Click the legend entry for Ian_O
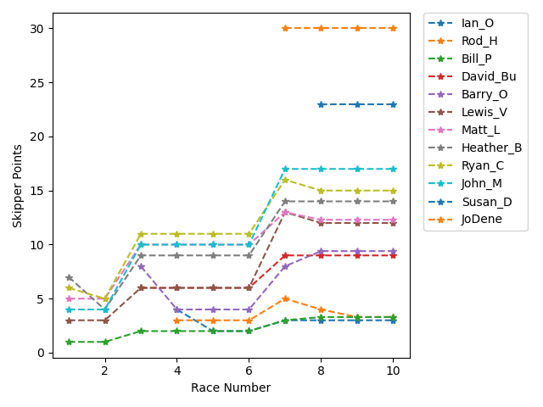click(478, 23)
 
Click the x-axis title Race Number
click(231, 388)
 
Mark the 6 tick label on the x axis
click(249, 371)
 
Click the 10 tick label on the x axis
click(393, 371)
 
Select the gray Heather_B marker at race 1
click(69, 277)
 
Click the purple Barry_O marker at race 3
click(141, 266)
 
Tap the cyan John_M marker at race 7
click(285, 170)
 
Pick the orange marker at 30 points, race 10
click(393, 28)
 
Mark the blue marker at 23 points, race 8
click(321, 104)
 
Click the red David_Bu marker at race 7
click(285, 255)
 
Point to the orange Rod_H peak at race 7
click(285, 298)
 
